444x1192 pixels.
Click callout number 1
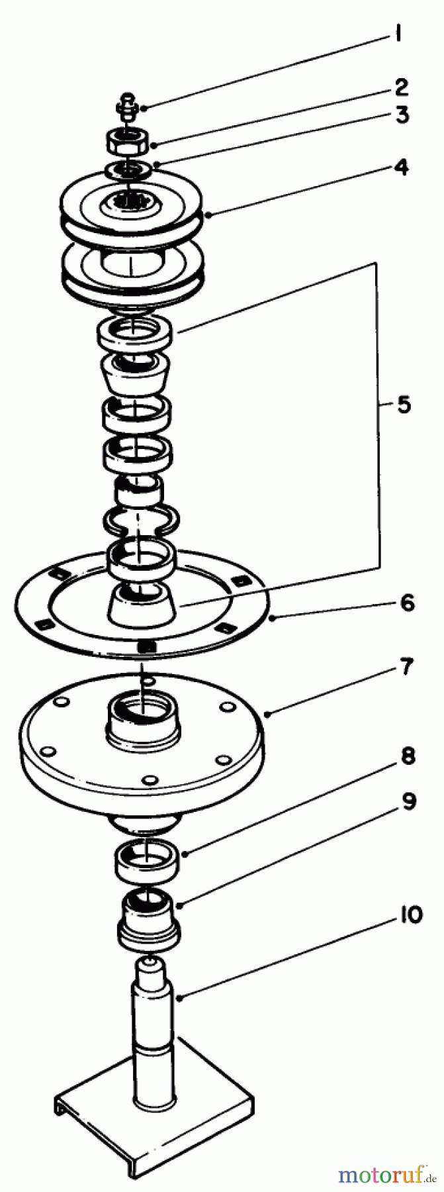click(397, 33)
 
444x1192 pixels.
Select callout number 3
click(402, 115)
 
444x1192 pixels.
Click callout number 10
click(410, 917)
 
